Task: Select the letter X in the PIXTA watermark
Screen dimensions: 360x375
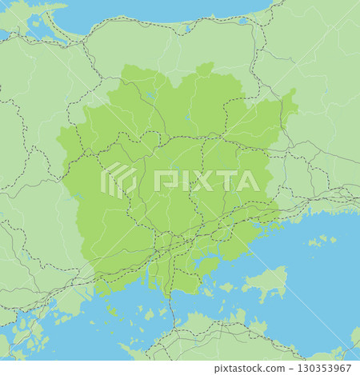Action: [202, 181]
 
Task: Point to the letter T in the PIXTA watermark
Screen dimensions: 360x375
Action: [226, 181]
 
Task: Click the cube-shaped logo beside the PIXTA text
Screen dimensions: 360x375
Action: [118, 180]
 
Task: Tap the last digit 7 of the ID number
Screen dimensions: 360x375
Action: [350, 367]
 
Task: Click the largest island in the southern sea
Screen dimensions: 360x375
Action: [268, 282]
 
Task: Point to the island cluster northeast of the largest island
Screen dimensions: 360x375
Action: [320, 240]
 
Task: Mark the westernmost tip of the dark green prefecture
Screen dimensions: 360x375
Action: [58, 144]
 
